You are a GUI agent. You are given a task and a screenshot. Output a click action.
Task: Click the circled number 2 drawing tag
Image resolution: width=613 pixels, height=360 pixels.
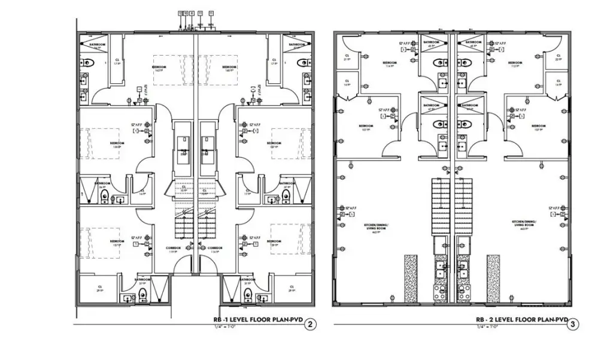click(x=309, y=325)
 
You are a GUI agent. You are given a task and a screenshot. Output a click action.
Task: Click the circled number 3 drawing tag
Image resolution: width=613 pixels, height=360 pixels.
click(x=573, y=325)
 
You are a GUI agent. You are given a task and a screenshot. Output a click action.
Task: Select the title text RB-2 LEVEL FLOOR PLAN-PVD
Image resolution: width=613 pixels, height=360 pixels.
click(x=521, y=320)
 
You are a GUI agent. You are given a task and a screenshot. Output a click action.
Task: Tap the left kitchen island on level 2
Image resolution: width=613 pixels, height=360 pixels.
click(x=411, y=279)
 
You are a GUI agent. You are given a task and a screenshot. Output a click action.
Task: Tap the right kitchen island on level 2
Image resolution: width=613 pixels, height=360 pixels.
click(x=493, y=279)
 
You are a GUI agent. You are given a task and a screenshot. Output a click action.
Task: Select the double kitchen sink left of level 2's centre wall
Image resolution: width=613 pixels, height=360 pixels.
click(x=441, y=268)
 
